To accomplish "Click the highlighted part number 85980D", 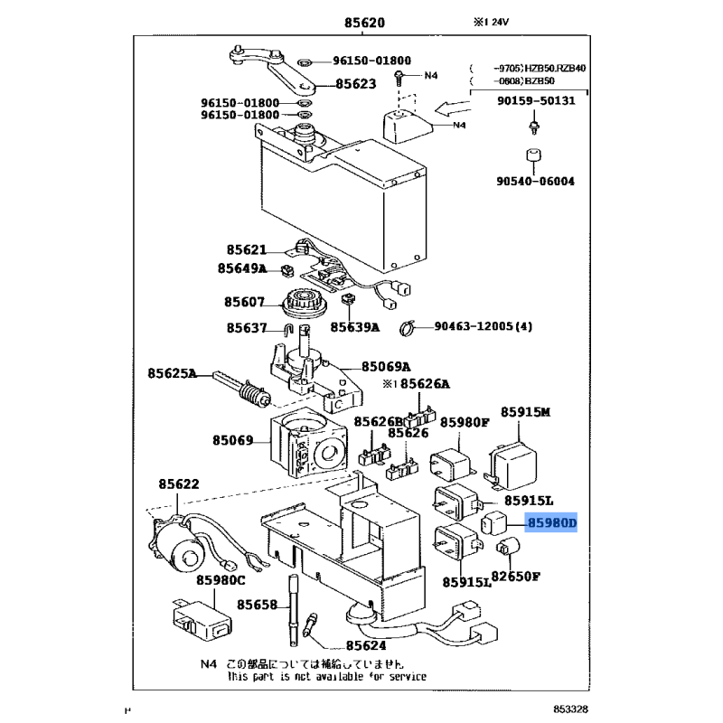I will (x=553, y=522).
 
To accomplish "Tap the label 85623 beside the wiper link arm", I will (x=355, y=84).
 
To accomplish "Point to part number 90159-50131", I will (x=535, y=100).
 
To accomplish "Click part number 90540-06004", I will (x=536, y=181).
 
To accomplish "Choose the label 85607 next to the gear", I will (x=247, y=303).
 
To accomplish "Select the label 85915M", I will (x=526, y=412).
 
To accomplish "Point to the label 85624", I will (x=365, y=646).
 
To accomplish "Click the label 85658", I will (x=258, y=605).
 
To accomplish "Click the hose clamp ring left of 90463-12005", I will (x=406, y=327).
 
